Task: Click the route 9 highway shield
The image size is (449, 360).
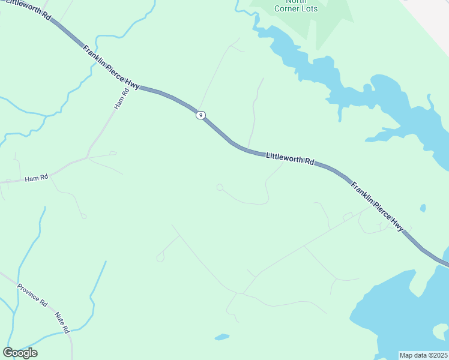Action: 200,115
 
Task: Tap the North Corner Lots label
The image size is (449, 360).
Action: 296,5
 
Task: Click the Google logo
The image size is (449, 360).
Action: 20,353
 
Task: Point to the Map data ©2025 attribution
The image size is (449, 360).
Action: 423,355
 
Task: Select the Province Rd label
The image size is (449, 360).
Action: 32,293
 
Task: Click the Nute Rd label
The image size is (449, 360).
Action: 62,323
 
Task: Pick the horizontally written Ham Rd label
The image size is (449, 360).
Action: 36,179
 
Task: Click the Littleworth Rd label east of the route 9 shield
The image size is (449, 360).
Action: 290,159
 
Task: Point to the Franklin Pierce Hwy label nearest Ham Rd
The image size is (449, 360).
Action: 111,67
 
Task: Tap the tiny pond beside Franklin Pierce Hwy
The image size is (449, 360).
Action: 423,208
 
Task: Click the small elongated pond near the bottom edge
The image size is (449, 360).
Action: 222,337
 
